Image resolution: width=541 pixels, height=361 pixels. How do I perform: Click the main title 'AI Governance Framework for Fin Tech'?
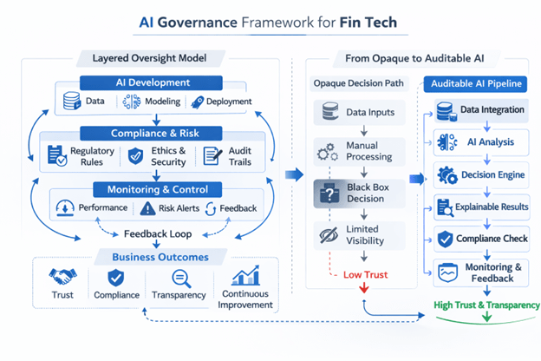[270, 22]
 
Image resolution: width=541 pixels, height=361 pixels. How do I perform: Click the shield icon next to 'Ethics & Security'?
[135, 156]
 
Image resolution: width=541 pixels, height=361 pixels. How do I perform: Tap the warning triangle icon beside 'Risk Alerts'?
[146, 208]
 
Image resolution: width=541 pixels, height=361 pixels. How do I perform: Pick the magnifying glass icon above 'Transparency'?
[182, 278]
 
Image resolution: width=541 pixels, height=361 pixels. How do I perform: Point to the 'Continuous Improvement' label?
[247, 299]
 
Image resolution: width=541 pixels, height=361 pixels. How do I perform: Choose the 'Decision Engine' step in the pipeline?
[484, 174]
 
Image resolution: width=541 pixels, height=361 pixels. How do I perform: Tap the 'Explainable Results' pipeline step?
[484, 207]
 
